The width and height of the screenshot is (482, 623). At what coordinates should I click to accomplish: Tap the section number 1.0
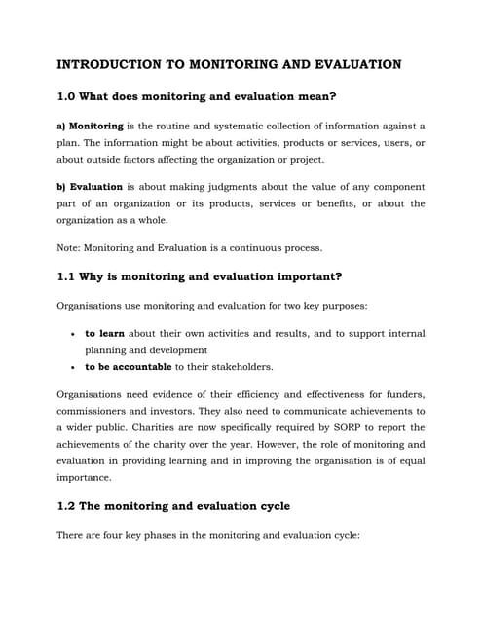point(68,96)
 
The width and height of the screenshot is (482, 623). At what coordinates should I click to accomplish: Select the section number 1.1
point(68,276)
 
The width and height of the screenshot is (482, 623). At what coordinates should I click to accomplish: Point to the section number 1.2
point(68,506)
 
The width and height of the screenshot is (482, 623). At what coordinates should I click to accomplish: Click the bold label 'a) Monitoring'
point(91,127)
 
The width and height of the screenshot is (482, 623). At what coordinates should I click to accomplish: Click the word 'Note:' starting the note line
point(71,247)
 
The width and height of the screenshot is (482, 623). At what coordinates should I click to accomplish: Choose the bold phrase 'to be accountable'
point(129,367)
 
